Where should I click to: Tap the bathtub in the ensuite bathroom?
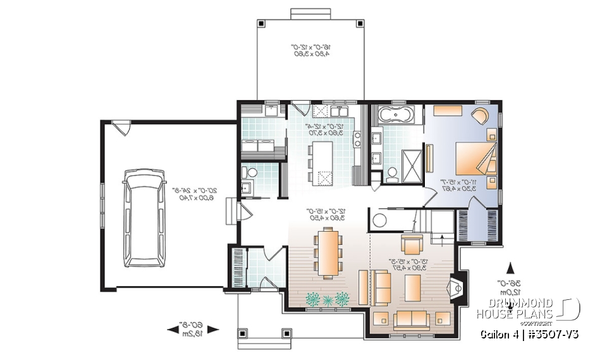[x=395, y=116]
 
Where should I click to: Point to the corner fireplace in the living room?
[x=457, y=289]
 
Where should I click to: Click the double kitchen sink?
[x=327, y=112]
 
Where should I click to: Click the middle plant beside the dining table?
[x=328, y=299]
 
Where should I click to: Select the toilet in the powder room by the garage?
[x=252, y=171]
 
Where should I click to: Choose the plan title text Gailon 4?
[x=503, y=333]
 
